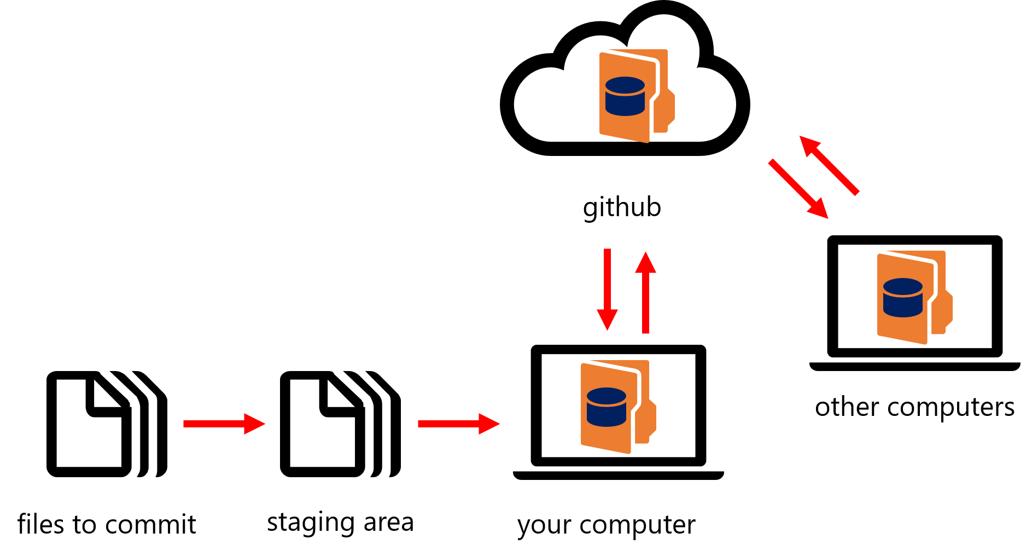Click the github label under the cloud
[622, 208]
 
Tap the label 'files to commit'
[107, 524]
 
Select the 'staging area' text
[340, 523]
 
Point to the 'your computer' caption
[607, 525]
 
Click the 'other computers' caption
[915, 407]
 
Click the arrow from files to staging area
[224, 424]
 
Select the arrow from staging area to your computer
[459, 424]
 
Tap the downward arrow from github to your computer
[607, 289]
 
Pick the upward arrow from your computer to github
[645, 292]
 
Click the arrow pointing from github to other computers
[798, 189]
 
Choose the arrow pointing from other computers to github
[829, 165]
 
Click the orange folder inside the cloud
[637, 96]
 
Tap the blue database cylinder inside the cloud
[625, 96]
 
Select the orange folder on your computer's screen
[618, 407]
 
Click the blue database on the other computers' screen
[903, 298]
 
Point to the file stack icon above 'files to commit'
[107, 424]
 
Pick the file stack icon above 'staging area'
[340, 424]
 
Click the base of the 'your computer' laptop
[619, 476]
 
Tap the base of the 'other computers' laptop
[915, 366]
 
